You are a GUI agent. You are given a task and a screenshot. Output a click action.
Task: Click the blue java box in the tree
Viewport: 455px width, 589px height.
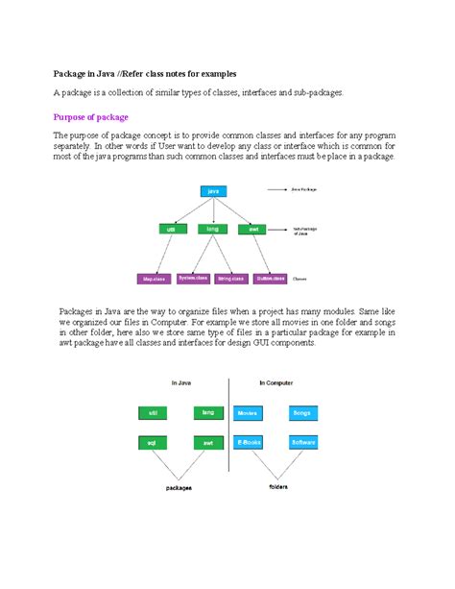213,191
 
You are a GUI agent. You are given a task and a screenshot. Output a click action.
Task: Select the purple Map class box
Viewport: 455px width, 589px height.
154,279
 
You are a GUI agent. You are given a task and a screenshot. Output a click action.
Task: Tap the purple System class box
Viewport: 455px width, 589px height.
192,278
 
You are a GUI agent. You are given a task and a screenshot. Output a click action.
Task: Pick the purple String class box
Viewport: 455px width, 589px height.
231,278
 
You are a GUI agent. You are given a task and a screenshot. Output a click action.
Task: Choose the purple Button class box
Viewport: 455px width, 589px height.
270,278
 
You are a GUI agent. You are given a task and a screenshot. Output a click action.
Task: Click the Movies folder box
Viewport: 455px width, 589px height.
247,413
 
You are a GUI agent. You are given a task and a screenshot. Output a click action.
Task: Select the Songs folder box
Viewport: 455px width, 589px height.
302,413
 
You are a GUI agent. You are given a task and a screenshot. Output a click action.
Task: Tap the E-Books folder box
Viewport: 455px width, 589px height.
248,443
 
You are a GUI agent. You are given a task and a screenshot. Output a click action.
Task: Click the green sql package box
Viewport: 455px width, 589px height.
151,443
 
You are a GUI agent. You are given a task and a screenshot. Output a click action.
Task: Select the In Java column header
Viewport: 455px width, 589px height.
181,382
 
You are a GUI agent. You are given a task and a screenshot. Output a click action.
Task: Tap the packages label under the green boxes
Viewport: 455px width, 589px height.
179,487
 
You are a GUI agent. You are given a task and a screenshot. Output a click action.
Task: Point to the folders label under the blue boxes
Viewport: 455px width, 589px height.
276,486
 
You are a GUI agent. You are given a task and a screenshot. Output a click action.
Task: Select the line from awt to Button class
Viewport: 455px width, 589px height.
261,254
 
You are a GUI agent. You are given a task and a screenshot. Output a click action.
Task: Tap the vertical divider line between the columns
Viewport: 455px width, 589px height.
226,423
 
